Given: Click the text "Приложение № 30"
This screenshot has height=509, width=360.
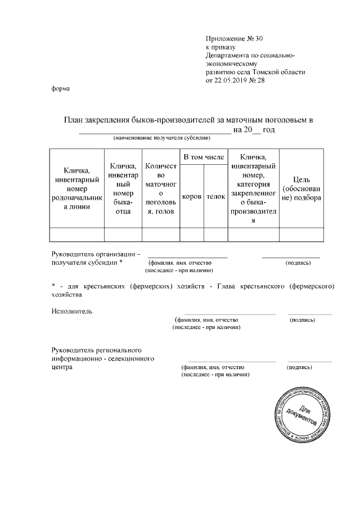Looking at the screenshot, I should (x=235, y=39).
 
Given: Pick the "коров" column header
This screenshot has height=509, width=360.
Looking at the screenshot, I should (x=192, y=197).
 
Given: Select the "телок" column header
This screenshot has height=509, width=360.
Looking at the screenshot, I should (x=215, y=197).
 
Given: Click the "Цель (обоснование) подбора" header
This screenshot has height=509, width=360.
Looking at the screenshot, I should (x=302, y=189).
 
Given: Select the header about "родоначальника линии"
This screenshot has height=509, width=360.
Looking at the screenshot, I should (x=77, y=189).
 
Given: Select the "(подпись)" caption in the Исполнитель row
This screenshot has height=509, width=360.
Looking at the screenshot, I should (x=302, y=320).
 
